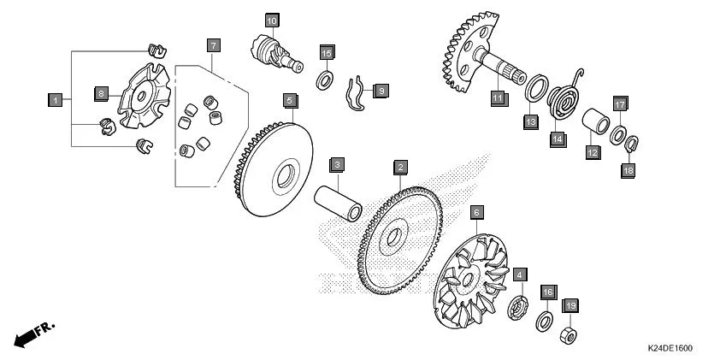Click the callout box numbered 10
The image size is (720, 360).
[272, 21]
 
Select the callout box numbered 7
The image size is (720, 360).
[214, 45]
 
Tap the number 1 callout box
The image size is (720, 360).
[55, 100]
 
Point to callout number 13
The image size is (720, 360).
[531, 122]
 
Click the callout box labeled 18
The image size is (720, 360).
[629, 171]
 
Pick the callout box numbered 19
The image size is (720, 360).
[570, 306]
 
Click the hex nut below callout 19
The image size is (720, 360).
[569, 336]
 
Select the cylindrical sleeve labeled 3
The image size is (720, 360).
[338, 203]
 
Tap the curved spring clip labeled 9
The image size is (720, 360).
[356, 94]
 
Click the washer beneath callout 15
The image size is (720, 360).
[325, 80]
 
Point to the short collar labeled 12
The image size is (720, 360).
[595, 121]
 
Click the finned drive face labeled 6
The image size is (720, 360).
[471, 281]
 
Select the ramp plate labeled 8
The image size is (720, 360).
[145, 96]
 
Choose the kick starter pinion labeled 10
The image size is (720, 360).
[276, 54]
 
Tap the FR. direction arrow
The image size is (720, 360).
[34, 333]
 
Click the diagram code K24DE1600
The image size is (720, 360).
[670, 349]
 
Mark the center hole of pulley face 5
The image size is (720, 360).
[285, 175]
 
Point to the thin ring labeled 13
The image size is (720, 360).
[537, 88]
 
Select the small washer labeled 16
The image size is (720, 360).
[544, 321]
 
